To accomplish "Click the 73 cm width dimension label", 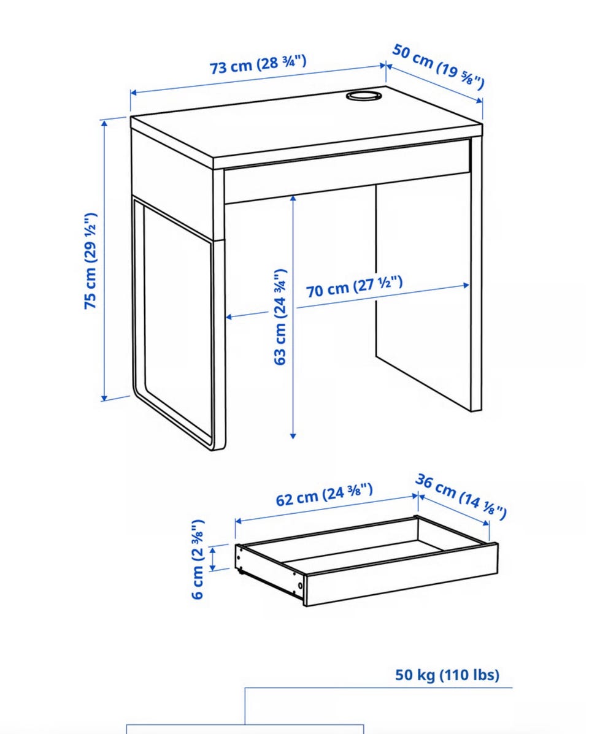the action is pyautogui.click(x=258, y=64).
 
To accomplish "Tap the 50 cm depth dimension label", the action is pyautogui.click(x=438, y=66).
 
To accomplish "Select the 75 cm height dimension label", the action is pyautogui.click(x=90, y=261).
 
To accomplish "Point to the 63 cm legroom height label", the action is pyautogui.click(x=280, y=317).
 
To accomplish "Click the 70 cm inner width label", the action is pyautogui.click(x=355, y=286).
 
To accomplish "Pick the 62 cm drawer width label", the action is pyautogui.click(x=324, y=495).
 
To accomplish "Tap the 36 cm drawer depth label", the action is pyautogui.click(x=461, y=497).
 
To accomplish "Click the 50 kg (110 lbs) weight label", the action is pyautogui.click(x=447, y=675).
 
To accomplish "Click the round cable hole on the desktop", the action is pyautogui.click(x=364, y=96).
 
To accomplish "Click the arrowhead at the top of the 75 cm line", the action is pyautogui.click(x=104, y=123).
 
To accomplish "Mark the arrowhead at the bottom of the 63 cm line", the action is pyautogui.click(x=293, y=435).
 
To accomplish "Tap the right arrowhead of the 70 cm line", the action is pyautogui.click(x=466, y=285).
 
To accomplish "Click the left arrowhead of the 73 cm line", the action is pyautogui.click(x=133, y=93).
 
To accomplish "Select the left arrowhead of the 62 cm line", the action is pyautogui.click(x=238, y=521).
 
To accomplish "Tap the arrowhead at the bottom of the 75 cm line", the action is pyautogui.click(x=104, y=398).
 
